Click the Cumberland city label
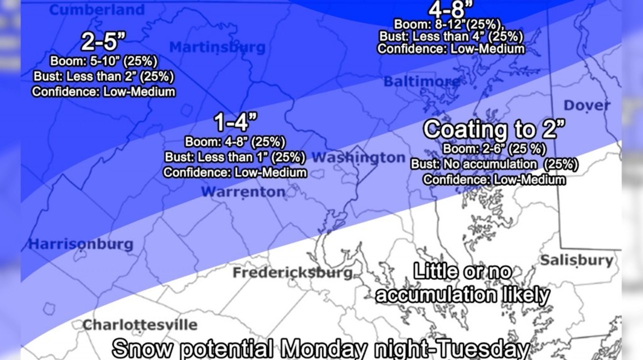click(x=97, y=9)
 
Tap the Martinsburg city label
click(x=217, y=47)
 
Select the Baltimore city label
click(x=415, y=81)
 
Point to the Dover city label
click(x=587, y=105)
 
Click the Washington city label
click(x=358, y=157)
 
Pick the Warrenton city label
click(x=243, y=191)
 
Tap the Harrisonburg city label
click(x=80, y=244)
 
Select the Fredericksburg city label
click(x=293, y=273)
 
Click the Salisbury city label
click(x=576, y=260)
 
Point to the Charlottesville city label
click(x=139, y=325)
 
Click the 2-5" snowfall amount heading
click(x=103, y=42)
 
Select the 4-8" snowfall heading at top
click(x=450, y=9)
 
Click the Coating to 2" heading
click(x=494, y=129)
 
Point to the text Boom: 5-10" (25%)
click(x=103, y=61)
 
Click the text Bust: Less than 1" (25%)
click(x=235, y=157)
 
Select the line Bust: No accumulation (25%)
click(x=494, y=164)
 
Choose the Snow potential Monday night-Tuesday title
click(x=320, y=348)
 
